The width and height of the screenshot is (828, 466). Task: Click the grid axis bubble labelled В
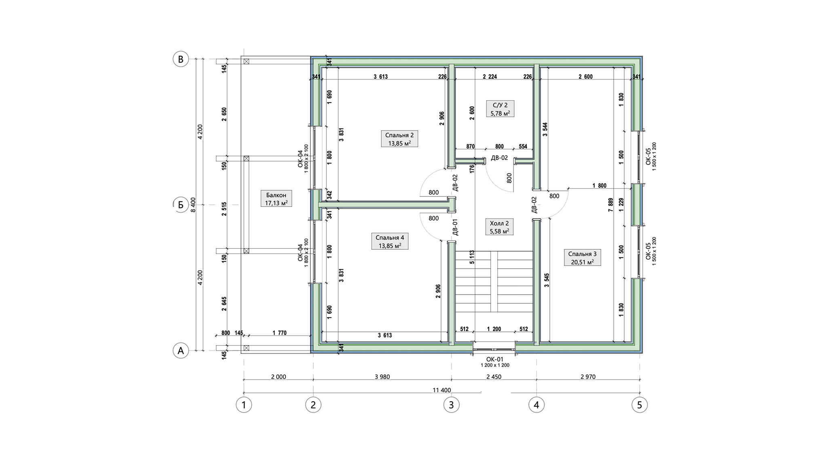pyautogui.click(x=181, y=59)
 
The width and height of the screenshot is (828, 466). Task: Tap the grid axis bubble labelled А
pyautogui.click(x=181, y=350)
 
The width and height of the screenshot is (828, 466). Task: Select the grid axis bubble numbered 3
pyautogui.click(x=451, y=405)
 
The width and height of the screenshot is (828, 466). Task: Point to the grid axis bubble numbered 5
pyautogui.click(x=640, y=405)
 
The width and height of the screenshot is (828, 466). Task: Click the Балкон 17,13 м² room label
pyautogui.click(x=276, y=199)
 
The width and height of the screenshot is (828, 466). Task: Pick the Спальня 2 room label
pyautogui.click(x=399, y=139)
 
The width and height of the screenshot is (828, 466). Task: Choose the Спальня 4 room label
pyautogui.click(x=390, y=241)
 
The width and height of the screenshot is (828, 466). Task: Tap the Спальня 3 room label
pyautogui.click(x=582, y=257)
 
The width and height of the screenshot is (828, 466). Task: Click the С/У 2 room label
pyautogui.click(x=500, y=109)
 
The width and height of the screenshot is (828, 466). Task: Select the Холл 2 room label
pyautogui.click(x=499, y=227)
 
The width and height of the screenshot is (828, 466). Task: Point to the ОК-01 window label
pyautogui.click(x=495, y=359)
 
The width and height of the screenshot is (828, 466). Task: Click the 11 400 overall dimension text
pyautogui.click(x=441, y=390)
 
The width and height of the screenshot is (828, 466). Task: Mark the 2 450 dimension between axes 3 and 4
pyautogui.click(x=494, y=377)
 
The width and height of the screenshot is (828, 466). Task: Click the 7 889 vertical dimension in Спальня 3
pyautogui.click(x=610, y=205)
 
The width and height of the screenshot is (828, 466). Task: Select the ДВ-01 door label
pyautogui.click(x=455, y=227)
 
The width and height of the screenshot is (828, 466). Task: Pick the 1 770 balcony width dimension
pyautogui.click(x=279, y=333)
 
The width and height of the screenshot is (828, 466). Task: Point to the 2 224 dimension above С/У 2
pyautogui.click(x=490, y=77)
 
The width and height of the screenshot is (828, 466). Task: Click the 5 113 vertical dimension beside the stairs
pyautogui.click(x=472, y=257)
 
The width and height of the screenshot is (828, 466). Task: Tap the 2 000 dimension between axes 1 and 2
pyautogui.click(x=278, y=377)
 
